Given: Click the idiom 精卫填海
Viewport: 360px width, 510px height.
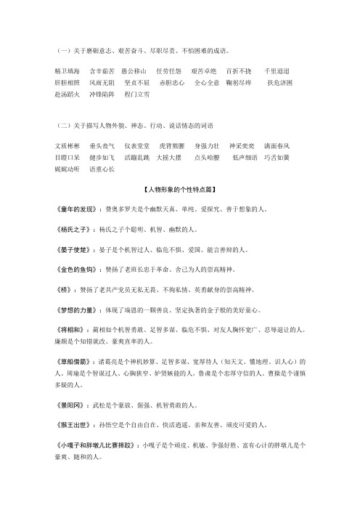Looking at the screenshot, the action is click(x=69, y=72).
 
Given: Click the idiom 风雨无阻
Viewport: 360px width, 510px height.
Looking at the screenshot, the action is click(x=102, y=83).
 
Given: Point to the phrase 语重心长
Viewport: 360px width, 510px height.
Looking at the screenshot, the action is click(x=102, y=167).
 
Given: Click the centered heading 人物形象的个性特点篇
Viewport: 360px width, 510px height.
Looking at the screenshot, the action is click(x=179, y=189).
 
